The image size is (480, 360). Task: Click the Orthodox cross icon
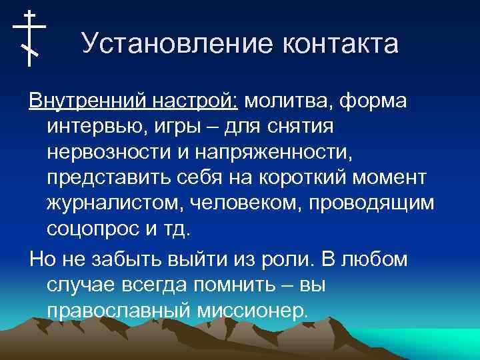29,38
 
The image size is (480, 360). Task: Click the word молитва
288,103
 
